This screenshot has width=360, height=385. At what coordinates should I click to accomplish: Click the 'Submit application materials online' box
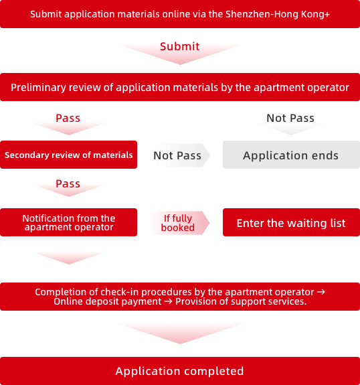[180, 14]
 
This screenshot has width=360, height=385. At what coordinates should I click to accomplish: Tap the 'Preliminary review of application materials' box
[180, 87]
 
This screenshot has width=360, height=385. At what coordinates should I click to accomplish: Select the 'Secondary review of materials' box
[68, 155]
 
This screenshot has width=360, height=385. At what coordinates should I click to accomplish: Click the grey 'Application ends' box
[291, 155]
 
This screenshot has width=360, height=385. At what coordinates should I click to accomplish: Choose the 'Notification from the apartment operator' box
[68, 222]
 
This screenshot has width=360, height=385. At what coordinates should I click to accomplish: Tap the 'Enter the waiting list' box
[291, 222]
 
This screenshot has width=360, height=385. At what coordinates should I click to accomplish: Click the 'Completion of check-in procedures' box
[180, 297]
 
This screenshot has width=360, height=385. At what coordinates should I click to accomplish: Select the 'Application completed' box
[180, 371]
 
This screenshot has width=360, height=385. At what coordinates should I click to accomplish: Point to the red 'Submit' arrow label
[180, 46]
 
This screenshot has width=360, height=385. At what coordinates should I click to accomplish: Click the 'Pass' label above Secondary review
[68, 118]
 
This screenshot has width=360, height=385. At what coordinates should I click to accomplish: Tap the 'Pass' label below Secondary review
[68, 183]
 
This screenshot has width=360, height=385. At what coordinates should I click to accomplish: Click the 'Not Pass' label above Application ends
[290, 118]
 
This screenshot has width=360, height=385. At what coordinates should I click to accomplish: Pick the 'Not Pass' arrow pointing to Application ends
[179, 155]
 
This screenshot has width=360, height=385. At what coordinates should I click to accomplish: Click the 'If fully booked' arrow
[179, 223]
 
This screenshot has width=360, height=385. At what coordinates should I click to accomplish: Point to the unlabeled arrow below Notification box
[69, 258]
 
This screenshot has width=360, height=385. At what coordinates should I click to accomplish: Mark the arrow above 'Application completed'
[180, 333]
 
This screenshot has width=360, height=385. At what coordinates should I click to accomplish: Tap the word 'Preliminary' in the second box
[38, 88]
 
